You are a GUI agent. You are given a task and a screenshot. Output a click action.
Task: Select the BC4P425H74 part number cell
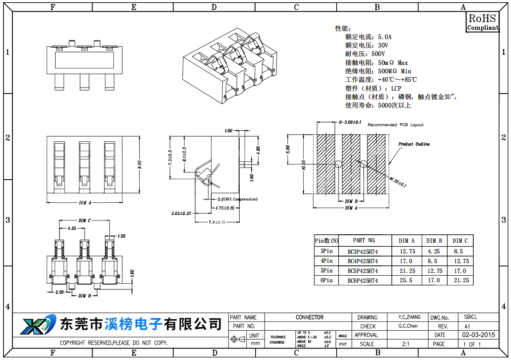point(362,261)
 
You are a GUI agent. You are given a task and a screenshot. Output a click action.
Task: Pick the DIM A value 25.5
point(406,281)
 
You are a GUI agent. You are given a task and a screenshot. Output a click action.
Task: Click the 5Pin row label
point(326,271)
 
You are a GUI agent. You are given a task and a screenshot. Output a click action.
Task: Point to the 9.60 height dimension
point(139,164)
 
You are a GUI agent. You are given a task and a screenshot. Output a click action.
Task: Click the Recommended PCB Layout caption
point(395,125)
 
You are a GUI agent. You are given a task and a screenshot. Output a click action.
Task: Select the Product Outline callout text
point(414,144)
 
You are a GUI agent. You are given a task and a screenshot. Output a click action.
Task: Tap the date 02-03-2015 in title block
point(478,335)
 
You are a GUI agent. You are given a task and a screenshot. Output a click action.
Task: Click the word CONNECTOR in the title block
point(310,317)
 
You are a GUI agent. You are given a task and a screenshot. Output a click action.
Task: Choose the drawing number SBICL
point(470,317)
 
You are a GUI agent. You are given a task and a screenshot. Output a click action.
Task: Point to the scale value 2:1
point(406,344)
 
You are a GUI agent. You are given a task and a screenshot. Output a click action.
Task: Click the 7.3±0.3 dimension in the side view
point(170,158)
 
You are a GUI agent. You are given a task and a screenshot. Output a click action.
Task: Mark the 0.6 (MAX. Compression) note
point(237,199)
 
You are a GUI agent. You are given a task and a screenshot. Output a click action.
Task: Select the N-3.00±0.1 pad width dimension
point(350,122)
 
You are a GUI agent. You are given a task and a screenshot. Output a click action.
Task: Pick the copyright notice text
point(114,343)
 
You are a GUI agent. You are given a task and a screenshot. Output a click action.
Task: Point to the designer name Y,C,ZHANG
point(409,317)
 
